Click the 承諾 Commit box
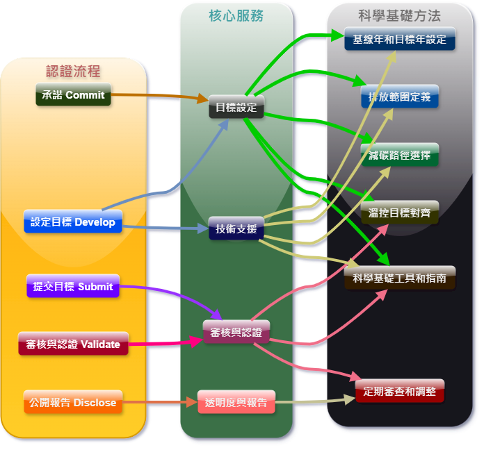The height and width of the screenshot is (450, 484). (x=73, y=94)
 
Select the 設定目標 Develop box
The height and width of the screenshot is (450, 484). (x=73, y=222)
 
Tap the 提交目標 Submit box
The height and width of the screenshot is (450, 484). (x=73, y=286)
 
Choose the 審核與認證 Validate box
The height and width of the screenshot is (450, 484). (x=73, y=344)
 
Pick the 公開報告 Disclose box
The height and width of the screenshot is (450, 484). (x=73, y=402)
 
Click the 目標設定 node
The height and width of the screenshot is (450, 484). (x=236, y=107)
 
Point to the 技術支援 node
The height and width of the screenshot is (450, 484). (x=236, y=228)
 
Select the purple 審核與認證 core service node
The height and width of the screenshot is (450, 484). (x=236, y=332)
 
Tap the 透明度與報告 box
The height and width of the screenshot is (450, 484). (x=236, y=402)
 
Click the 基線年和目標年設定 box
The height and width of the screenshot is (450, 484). (x=400, y=39)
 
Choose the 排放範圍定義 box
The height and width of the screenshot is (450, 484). (x=400, y=97)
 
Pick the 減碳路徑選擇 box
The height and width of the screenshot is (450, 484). (x=400, y=155)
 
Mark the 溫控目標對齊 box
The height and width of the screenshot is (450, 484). (x=400, y=212)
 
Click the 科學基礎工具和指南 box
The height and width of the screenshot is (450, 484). (x=400, y=278)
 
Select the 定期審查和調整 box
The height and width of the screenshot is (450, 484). (x=400, y=391)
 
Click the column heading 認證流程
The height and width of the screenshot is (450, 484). (x=73, y=71)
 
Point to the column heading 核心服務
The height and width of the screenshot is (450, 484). (x=236, y=15)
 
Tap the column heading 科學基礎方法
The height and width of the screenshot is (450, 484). (x=400, y=15)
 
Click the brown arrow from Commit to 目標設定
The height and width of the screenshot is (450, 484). (x=160, y=96)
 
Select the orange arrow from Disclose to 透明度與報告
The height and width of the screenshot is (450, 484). (x=160, y=402)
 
